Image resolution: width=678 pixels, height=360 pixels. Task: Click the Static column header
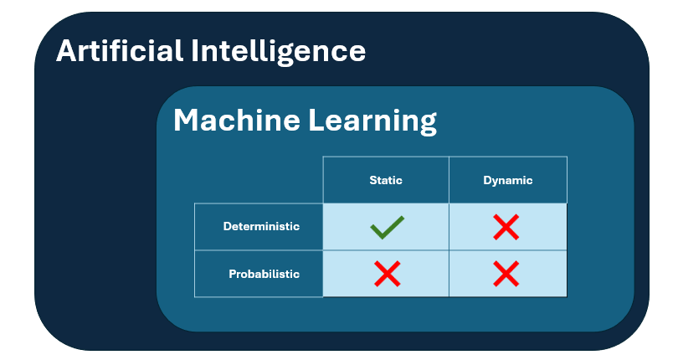pyautogui.click(x=386, y=180)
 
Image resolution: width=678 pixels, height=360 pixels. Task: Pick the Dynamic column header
pyautogui.click(x=507, y=180)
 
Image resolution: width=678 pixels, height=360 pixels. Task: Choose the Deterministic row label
pyautogui.click(x=261, y=226)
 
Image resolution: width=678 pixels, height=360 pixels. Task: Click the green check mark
pyautogui.click(x=386, y=227)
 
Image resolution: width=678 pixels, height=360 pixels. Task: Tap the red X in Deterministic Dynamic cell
pyautogui.click(x=506, y=227)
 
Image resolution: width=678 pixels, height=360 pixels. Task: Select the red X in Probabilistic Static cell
pyautogui.click(x=386, y=273)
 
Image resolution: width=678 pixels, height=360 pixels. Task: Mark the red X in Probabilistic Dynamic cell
pyautogui.click(x=506, y=273)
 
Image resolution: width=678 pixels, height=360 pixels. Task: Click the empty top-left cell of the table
pyautogui.click(x=259, y=180)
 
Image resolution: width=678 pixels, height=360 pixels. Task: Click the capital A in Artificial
pyautogui.click(x=67, y=50)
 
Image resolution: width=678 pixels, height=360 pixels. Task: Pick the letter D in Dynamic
pyautogui.click(x=488, y=180)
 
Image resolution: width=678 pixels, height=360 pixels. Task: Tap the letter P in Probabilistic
pyautogui.click(x=232, y=274)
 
